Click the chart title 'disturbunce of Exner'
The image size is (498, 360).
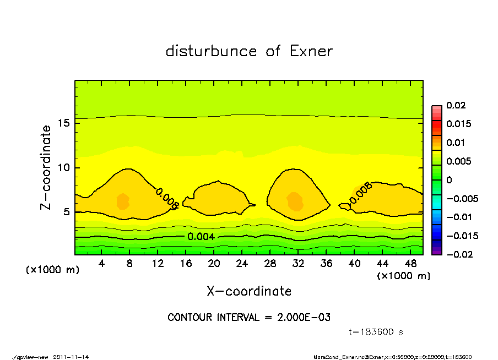click(x=249, y=52)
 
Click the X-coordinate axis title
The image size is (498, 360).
click(x=249, y=291)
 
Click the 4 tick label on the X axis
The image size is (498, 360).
click(x=101, y=264)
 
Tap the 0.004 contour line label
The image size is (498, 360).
click(x=201, y=237)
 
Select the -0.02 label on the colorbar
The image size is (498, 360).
click(x=458, y=254)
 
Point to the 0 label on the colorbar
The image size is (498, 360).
click(x=449, y=180)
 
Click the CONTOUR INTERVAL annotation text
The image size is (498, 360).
click(x=249, y=318)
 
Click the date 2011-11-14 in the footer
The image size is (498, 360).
click(x=71, y=357)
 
